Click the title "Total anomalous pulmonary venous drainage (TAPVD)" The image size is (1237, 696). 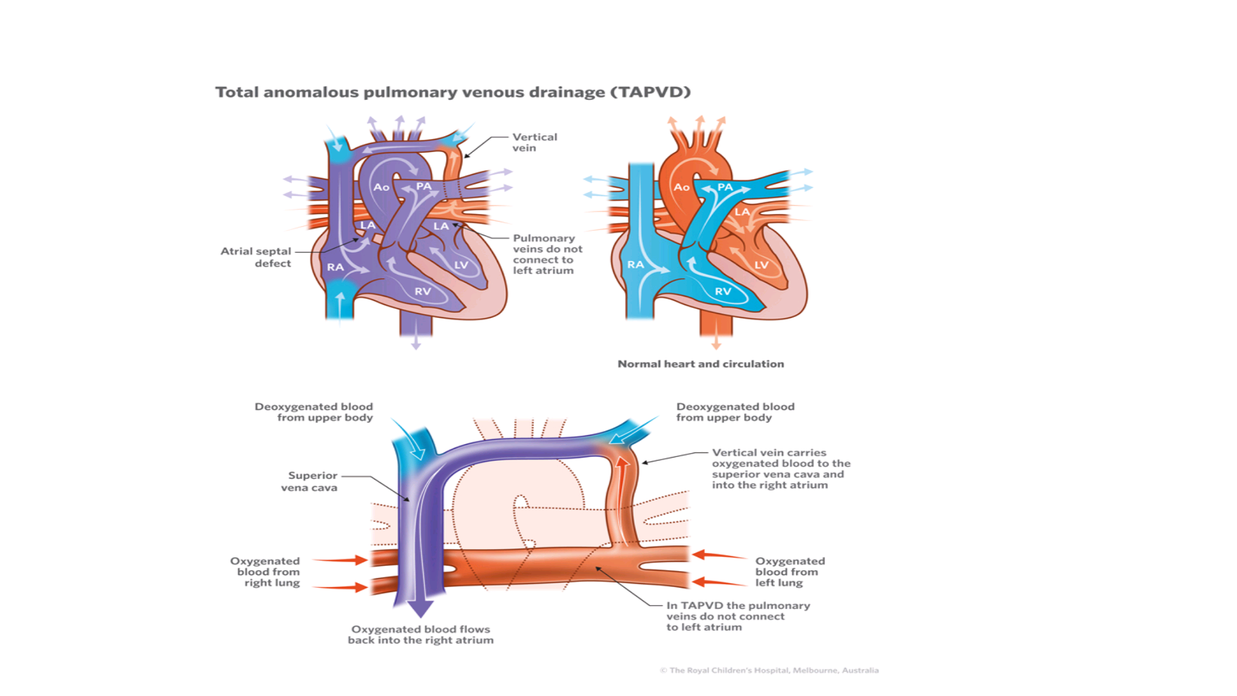[452, 92]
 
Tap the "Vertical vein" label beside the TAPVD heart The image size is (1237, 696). [534, 142]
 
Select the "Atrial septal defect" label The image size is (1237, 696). [256, 257]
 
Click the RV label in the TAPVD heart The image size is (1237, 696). [423, 291]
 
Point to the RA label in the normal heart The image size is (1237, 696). [635, 264]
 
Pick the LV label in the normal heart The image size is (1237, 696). [762, 265]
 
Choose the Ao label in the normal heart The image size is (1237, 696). [682, 187]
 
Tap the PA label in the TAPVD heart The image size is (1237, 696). [423, 186]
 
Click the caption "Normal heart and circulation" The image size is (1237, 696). [700, 364]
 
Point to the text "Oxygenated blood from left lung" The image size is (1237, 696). [789, 572]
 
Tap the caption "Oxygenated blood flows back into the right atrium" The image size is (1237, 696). [421, 635]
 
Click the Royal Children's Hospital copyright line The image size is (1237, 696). [769, 670]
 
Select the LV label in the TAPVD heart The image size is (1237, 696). [461, 265]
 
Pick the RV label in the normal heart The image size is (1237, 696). [723, 291]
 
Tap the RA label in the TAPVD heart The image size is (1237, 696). [335, 267]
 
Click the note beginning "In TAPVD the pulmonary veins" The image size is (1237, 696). [738, 616]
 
